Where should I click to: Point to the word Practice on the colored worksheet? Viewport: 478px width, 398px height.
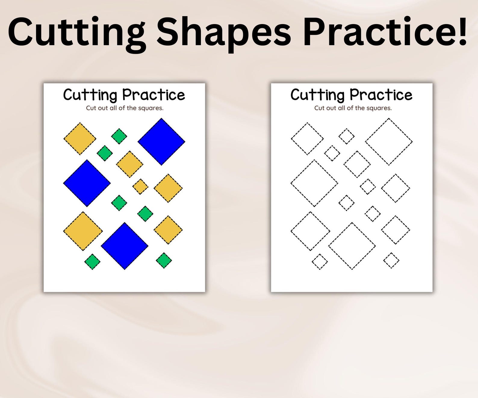pos(154,95)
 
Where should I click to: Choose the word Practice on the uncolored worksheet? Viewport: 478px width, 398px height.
pos(381,95)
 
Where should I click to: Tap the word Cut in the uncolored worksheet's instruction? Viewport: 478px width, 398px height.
pos(319,108)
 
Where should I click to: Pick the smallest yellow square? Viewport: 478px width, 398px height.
pos(140,187)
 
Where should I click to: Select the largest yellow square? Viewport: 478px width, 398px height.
pos(83,231)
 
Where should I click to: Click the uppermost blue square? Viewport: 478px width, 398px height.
pos(161,141)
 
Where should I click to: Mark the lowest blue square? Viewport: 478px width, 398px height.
pos(124,246)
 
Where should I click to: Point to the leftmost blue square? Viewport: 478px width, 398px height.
pos(87,183)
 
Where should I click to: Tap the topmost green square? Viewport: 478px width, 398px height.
pos(119,136)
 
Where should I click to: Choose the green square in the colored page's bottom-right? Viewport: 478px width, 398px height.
pos(164,260)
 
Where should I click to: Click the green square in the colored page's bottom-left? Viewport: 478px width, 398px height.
pos(92,261)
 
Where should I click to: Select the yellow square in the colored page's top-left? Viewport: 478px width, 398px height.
pos(80,139)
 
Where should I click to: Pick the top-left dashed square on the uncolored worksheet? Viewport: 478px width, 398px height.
pos(307,139)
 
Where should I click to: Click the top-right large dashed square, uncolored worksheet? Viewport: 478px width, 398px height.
pos(389,141)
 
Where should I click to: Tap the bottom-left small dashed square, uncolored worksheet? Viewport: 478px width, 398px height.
pos(320,261)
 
